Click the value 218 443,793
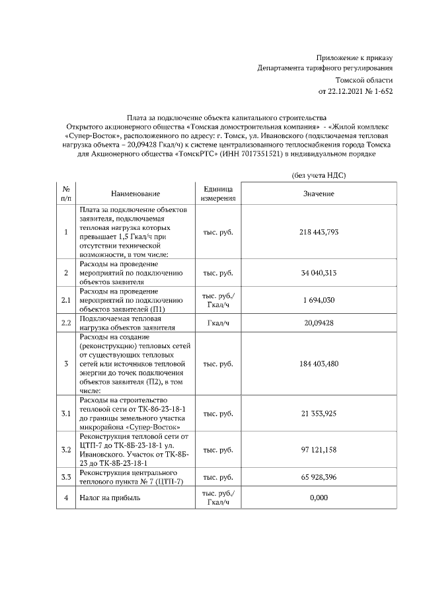pyautogui.click(x=319, y=233)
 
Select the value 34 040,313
pyautogui.click(x=319, y=272)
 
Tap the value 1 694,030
pyautogui.click(x=319, y=300)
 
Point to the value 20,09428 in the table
pyautogui.click(x=319, y=323)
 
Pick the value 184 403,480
pyautogui.click(x=319, y=363)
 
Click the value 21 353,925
pyautogui.click(x=319, y=413)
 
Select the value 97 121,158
pyautogui.click(x=319, y=450)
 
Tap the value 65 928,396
pyautogui.click(x=319, y=477)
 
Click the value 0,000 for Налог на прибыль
pyautogui.click(x=319, y=498)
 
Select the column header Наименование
pyautogui.click(x=135, y=194)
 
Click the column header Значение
pyautogui.click(x=319, y=194)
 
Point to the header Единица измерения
pyautogui.click(x=218, y=194)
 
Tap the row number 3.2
pyautogui.click(x=65, y=450)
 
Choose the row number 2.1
pyautogui.click(x=65, y=300)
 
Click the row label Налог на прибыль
pyautogui.click(x=107, y=498)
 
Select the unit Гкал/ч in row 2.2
pyautogui.click(x=218, y=323)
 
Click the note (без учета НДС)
pyautogui.click(x=319, y=175)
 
